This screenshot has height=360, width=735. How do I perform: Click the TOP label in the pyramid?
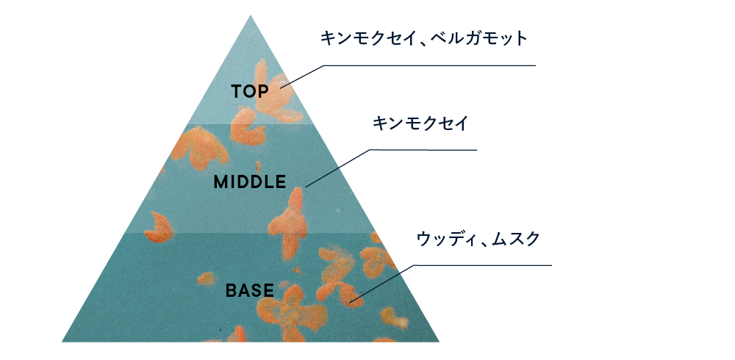[x=251, y=92]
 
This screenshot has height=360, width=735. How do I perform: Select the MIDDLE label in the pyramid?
[x=249, y=182]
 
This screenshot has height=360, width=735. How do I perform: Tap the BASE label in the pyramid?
[x=249, y=291]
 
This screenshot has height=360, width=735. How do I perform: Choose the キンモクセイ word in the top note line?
[x=365, y=38]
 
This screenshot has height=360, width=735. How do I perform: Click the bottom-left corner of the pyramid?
[x=62, y=342]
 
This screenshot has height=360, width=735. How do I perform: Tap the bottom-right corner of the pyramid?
[x=439, y=342]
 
